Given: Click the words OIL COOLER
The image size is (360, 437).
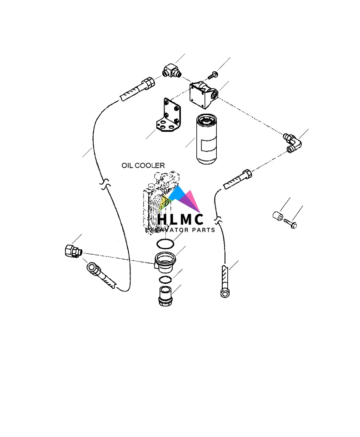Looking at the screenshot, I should tap(143, 166).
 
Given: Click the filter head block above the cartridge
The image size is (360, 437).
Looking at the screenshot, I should tap(203, 94).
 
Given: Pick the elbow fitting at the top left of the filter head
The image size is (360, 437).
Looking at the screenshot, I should tap(171, 71).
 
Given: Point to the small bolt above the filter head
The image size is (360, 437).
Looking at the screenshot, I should tap(213, 74).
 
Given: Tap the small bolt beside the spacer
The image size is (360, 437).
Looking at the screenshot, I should tap(290, 222).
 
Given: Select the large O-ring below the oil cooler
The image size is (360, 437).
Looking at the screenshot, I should tap(165, 244).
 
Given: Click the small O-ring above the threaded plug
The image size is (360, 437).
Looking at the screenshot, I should tap(165, 279).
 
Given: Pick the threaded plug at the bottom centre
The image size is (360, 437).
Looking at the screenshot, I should tap(165, 296).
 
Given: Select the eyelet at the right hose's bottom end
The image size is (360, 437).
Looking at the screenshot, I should tap(224, 293).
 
